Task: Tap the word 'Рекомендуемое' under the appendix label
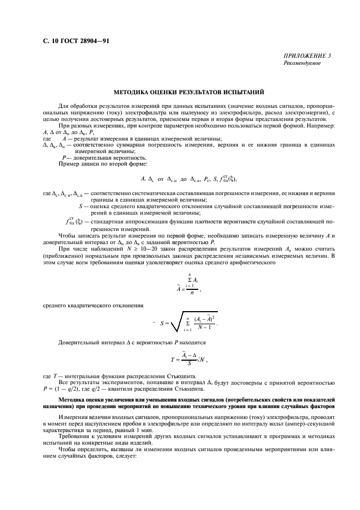(x=302, y=63)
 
